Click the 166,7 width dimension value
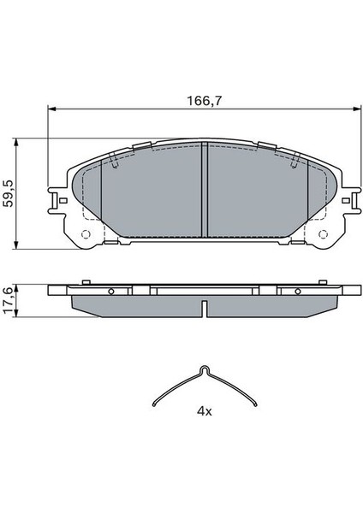pos(204,101)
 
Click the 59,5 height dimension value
pos(8,193)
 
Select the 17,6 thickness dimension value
pos(8,300)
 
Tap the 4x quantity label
pos(204,411)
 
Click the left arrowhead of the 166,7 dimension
pos(52,109)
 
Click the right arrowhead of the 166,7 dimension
pos(357,109)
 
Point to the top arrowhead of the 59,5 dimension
pos(15,142)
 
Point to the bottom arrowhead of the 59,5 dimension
pos(15,245)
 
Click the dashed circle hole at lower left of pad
pos(86,234)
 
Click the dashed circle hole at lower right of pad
pos(323,234)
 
